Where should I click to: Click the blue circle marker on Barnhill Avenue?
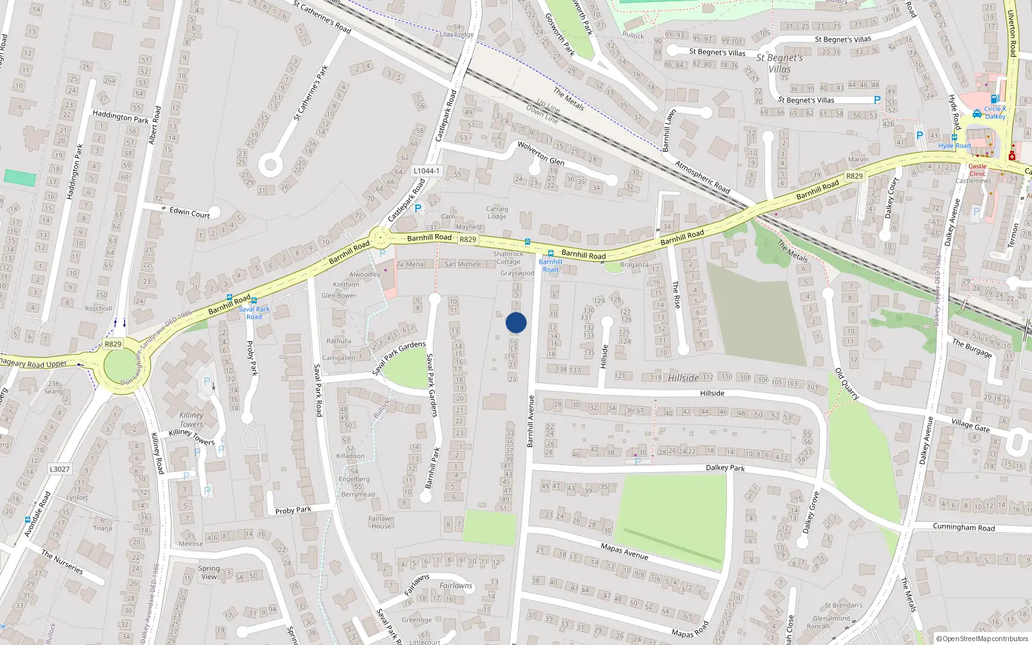[516, 322]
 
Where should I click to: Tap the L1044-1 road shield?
[426, 171]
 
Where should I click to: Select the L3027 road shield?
[59, 469]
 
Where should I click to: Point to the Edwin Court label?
[190, 212]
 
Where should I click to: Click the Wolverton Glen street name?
[541, 154]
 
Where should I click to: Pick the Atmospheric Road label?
[702, 177]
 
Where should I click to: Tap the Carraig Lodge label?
[497, 213]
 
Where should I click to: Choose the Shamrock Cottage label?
[508, 258]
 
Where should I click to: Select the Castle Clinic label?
[977, 170]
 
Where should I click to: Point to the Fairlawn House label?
[381, 522]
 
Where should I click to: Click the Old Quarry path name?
[847, 384]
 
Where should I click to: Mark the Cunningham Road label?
[964, 527]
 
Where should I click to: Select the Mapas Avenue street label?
[624, 551]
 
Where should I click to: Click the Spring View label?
[209, 573]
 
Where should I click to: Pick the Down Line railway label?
[542, 115]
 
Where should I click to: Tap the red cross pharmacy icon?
[1012, 156]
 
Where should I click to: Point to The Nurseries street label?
[62, 562]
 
